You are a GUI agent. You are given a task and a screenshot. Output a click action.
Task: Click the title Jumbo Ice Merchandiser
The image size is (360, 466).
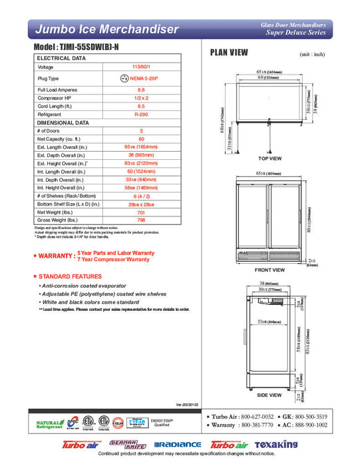point(106,29)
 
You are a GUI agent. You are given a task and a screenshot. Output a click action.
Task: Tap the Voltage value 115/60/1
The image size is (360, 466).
point(141,67)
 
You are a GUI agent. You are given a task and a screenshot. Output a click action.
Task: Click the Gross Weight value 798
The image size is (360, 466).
point(141,220)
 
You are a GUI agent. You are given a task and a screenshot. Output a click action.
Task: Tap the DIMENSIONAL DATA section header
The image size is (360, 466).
point(63,122)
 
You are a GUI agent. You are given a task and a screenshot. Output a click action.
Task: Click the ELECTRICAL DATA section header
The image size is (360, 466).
point(61,58)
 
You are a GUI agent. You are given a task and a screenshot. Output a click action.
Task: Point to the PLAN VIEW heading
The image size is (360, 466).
point(229,53)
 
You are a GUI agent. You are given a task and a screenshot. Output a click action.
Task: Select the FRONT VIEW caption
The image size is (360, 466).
point(270,270)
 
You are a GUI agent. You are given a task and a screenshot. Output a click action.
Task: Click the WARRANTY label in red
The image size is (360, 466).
point(55,256)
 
